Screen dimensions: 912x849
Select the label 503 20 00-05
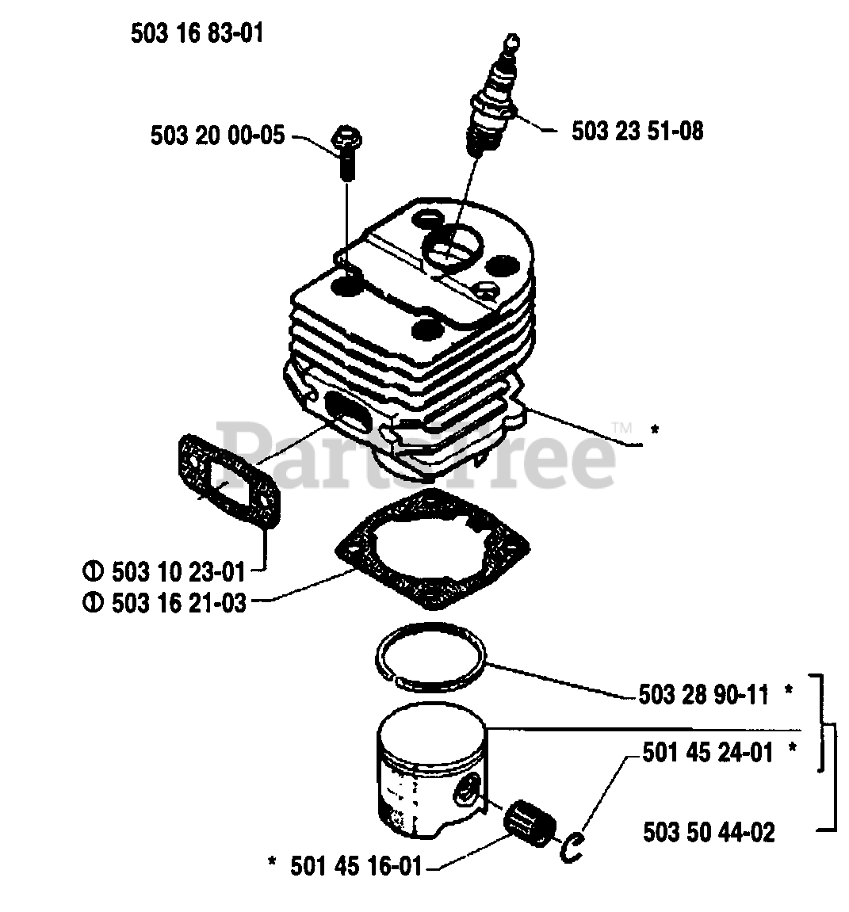tap(216, 136)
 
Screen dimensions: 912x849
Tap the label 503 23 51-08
tap(637, 131)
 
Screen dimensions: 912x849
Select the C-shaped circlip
tap(572, 846)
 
